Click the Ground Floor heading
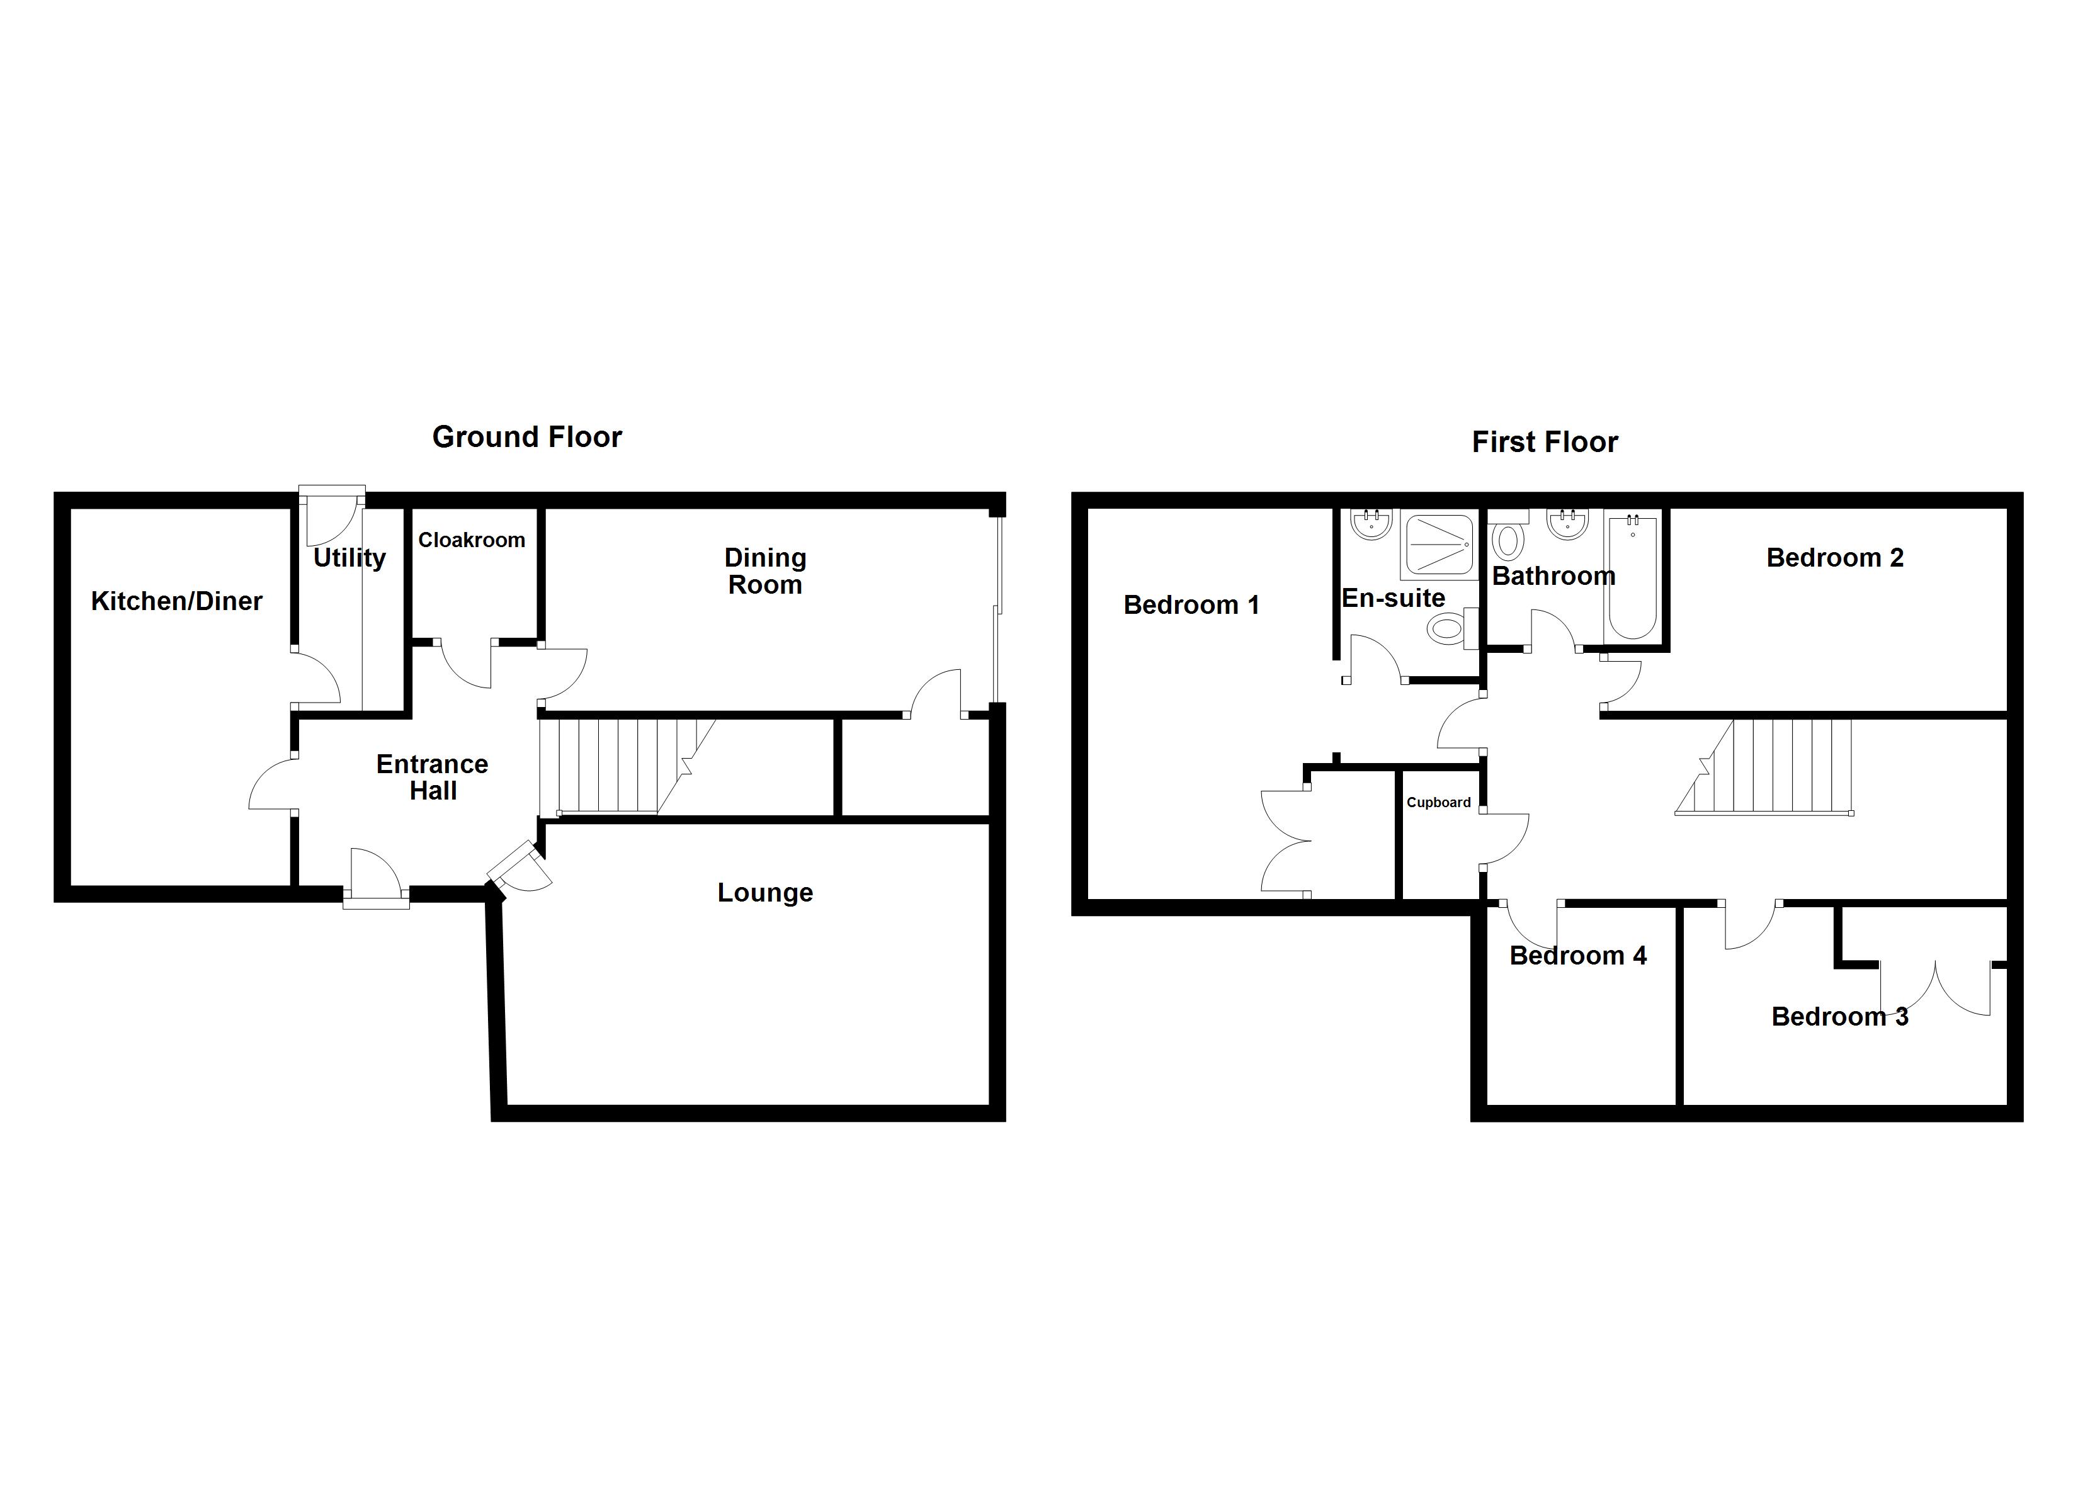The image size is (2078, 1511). pos(527,437)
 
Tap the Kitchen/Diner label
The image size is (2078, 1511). pos(177,601)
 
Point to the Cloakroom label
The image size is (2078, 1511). pos(472,541)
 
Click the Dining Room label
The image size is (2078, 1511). pos(765,571)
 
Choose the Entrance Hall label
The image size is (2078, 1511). pos(433,777)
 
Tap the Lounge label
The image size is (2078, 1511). pos(765,893)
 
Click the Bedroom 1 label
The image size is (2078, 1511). pos(1191,605)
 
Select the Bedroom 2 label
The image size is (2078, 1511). pos(1835,558)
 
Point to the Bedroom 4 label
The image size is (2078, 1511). pos(1578,956)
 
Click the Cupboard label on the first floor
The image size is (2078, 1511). pos(1438,803)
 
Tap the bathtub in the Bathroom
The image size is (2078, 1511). pos(1633,579)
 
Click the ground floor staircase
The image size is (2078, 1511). pos(614,766)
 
